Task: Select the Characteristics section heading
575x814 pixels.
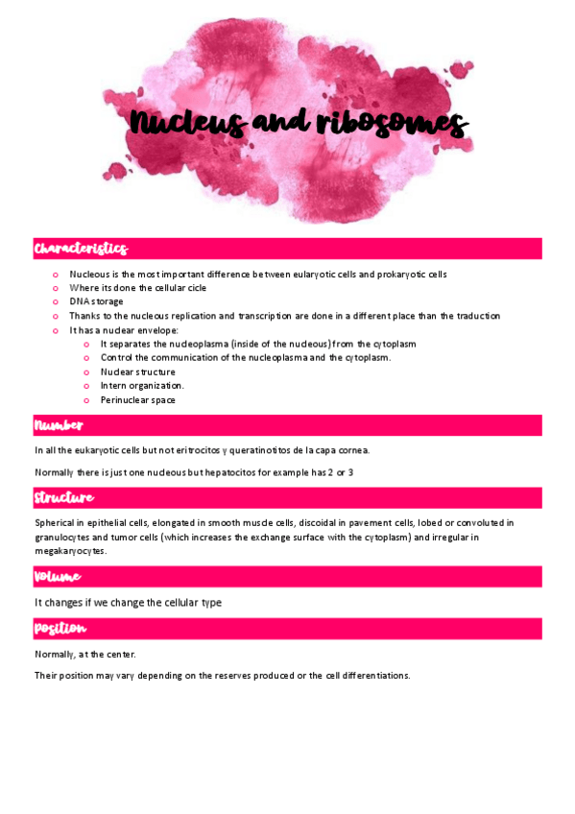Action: point(81,250)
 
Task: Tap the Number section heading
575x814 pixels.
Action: point(59,425)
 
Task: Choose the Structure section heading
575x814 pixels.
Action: point(64,498)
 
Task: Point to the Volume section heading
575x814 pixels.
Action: point(58,577)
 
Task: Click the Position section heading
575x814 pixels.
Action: point(60,629)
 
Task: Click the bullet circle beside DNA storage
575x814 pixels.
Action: point(57,301)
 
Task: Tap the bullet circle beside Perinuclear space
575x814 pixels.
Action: point(86,400)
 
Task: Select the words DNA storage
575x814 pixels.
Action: point(96,301)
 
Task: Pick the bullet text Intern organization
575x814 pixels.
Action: point(142,386)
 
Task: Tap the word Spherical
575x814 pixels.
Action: point(55,523)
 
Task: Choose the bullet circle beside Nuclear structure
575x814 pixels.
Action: point(86,371)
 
